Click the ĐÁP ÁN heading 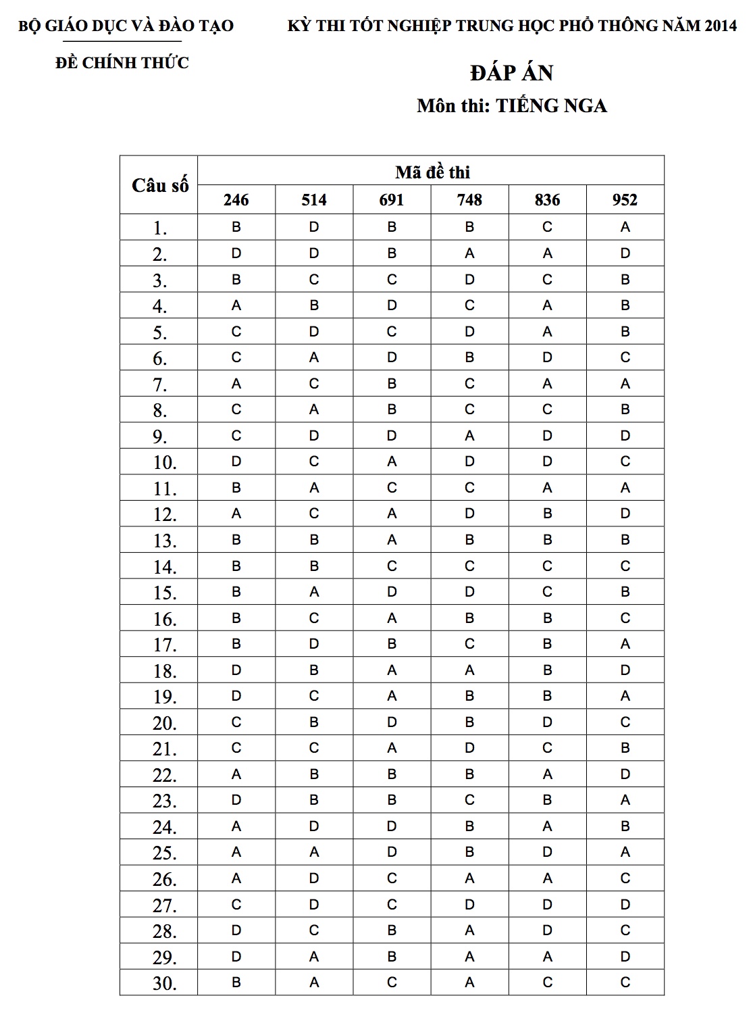tap(511, 73)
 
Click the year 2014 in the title tap(720, 26)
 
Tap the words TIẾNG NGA tap(551, 106)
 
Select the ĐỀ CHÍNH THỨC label tap(122, 63)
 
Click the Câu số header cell tap(159, 185)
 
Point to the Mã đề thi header tap(432, 172)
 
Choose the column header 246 tap(236, 200)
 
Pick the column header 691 tap(392, 200)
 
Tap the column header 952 tap(625, 200)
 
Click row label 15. tap(164, 593)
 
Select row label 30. tap(164, 984)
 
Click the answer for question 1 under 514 tap(314, 227)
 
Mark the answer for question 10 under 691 tap(392, 462)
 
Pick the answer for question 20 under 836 tap(547, 722)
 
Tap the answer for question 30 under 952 tap(625, 982)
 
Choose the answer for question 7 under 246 tap(236, 384)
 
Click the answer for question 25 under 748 tap(469, 852)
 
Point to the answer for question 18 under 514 tap(314, 670)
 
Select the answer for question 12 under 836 tap(547, 514)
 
